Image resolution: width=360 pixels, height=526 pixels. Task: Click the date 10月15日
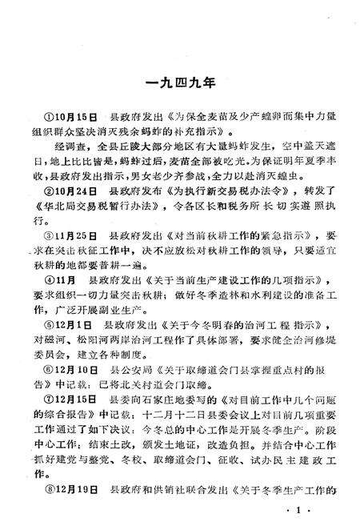tap(71, 114)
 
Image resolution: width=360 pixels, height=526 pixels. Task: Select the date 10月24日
tap(71, 192)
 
